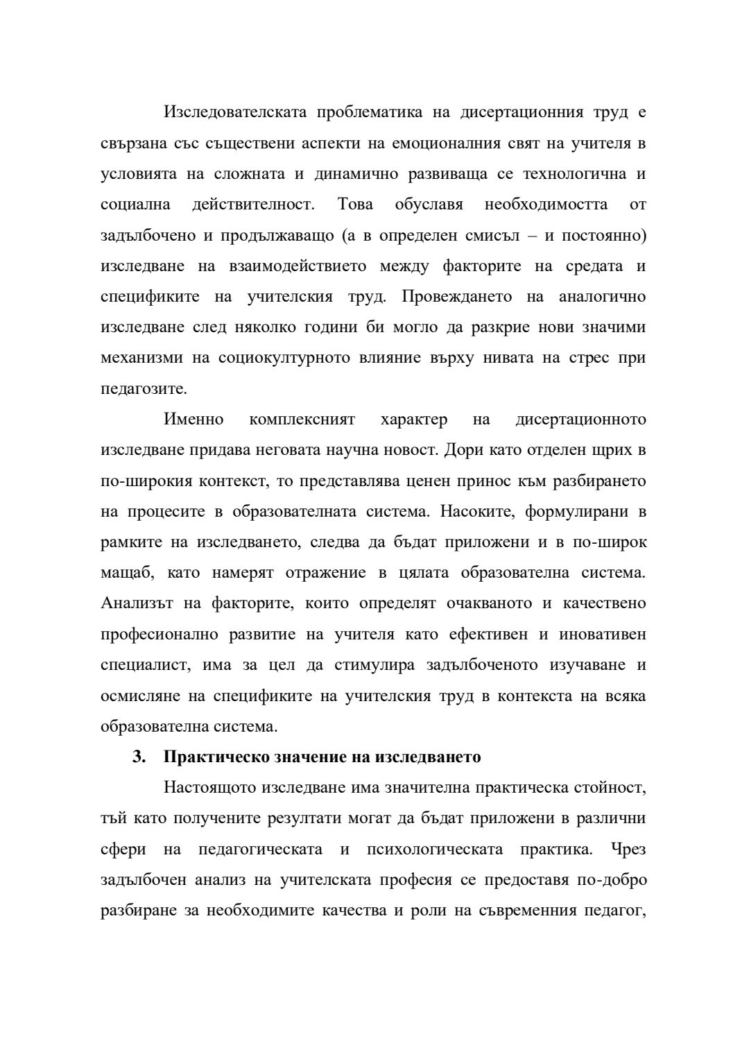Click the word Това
[355, 205]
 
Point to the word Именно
[193, 420]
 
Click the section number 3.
[139, 757]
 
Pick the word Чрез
[628, 849]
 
